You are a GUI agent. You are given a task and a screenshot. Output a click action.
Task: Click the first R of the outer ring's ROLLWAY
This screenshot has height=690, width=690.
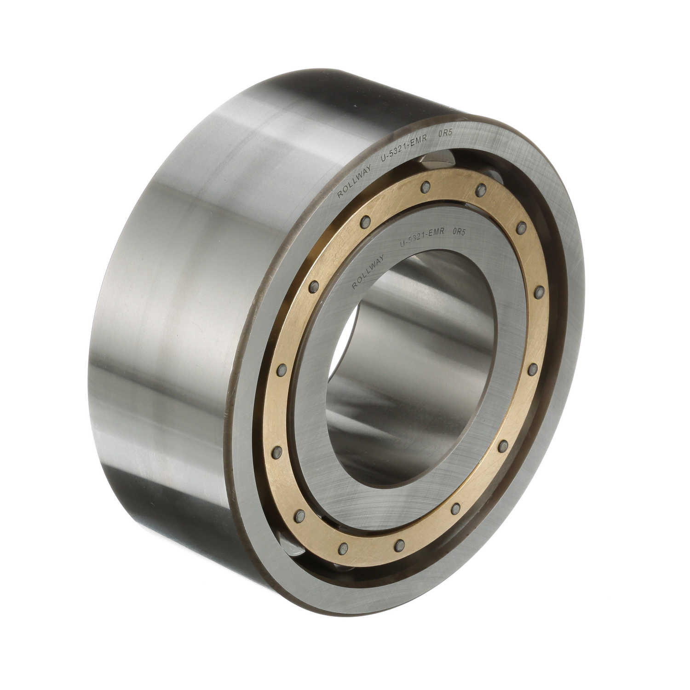point(339,195)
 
